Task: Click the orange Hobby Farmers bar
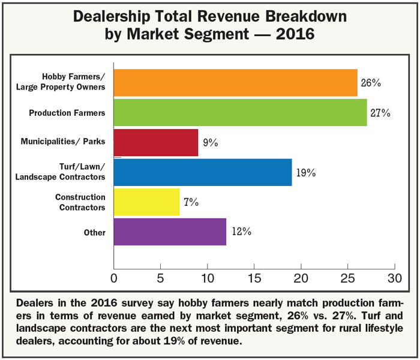point(235,83)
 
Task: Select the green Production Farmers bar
point(240,112)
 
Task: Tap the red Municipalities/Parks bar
point(156,142)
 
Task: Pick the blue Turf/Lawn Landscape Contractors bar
point(203,172)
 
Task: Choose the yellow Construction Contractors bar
point(146,202)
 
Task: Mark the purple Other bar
point(170,231)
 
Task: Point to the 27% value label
point(380,113)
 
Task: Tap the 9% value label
point(211,143)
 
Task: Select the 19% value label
point(305,173)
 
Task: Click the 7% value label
point(191,202)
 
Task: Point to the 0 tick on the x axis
point(114,278)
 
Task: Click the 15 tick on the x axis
point(254,278)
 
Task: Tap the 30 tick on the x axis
point(394,278)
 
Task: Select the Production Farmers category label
point(67,112)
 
